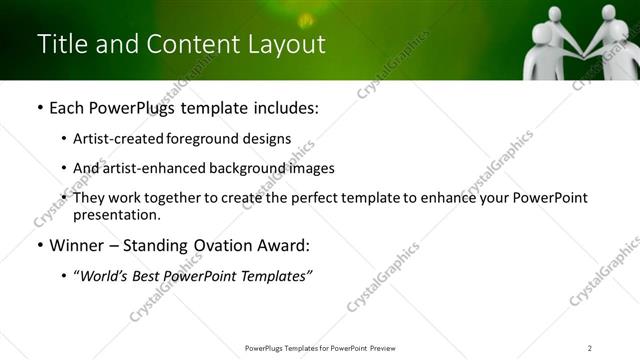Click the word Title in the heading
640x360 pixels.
click(x=59, y=44)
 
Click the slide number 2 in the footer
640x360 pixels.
click(x=590, y=347)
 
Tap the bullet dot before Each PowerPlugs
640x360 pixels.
click(x=39, y=108)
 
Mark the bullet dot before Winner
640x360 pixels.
click(x=39, y=246)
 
